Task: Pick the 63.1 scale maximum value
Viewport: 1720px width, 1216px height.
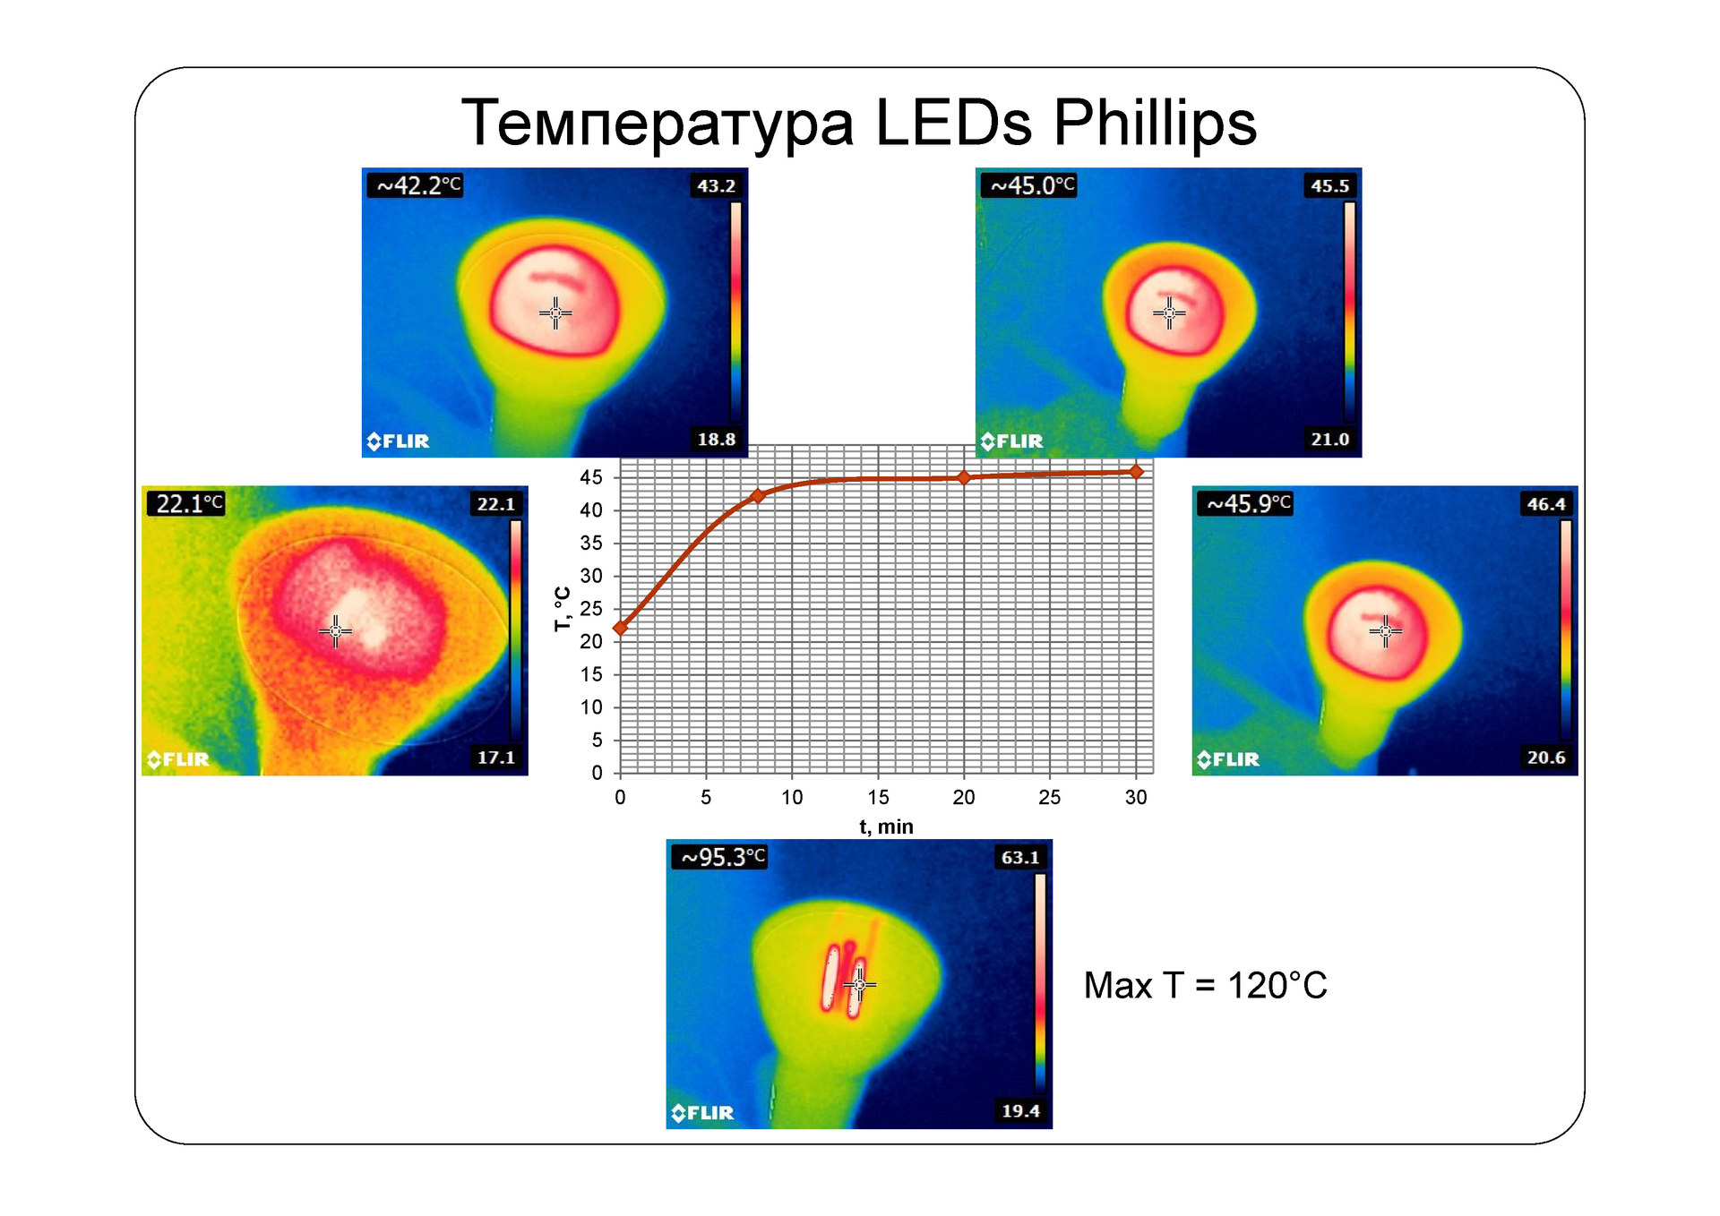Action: [x=1019, y=857]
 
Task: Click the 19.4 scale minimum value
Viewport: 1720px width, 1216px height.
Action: [x=1019, y=1110]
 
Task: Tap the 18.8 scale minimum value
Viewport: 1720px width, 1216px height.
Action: [x=716, y=439]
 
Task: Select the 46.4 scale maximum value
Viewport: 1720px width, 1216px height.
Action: [x=1545, y=503]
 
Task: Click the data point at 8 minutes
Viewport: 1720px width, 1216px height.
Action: [x=757, y=495]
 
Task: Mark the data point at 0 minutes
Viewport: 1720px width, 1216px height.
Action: [x=620, y=628]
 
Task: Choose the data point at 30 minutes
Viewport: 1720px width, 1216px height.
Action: [x=1136, y=471]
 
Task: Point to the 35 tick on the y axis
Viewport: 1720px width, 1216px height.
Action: [x=591, y=543]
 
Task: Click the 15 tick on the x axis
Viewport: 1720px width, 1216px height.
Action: [x=878, y=797]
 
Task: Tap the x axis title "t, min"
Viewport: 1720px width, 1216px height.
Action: [x=886, y=826]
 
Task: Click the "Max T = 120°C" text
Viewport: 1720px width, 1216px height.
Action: [x=1205, y=985]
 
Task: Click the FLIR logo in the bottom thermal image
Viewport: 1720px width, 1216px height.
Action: [x=703, y=1112]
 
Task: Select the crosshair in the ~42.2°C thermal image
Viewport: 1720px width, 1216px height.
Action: [x=555, y=313]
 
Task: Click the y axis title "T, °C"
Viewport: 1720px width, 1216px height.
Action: [x=563, y=609]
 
